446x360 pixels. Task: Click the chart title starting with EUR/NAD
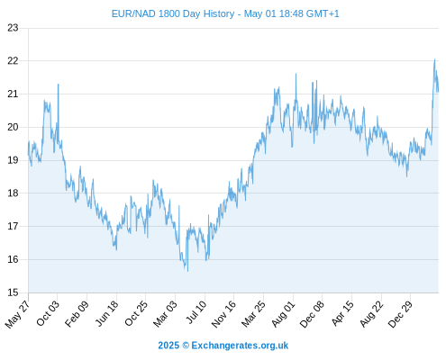tap(225, 13)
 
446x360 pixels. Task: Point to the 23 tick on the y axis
tap(13, 28)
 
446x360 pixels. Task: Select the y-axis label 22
tap(13, 61)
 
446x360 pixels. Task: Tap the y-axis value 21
tap(13, 94)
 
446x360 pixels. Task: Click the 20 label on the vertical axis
tap(13, 127)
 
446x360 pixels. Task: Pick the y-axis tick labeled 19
tap(13, 160)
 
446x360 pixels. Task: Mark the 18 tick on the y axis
tap(13, 193)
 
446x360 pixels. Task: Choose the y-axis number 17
tap(13, 226)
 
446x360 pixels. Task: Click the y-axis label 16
tap(13, 259)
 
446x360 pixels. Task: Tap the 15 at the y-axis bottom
tap(13, 292)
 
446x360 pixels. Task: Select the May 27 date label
tap(18, 313)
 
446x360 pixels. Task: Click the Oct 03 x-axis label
tap(48, 313)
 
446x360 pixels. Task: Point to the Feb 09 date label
tap(77, 313)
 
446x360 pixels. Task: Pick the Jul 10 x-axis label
tap(196, 312)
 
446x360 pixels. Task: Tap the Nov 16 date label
tap(223, 313)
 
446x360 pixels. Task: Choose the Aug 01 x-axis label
tap(284, 313)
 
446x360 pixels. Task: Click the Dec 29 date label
tap(401, 313)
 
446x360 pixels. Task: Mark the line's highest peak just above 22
tap(434, 59)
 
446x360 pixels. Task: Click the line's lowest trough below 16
tap(188, 271)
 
